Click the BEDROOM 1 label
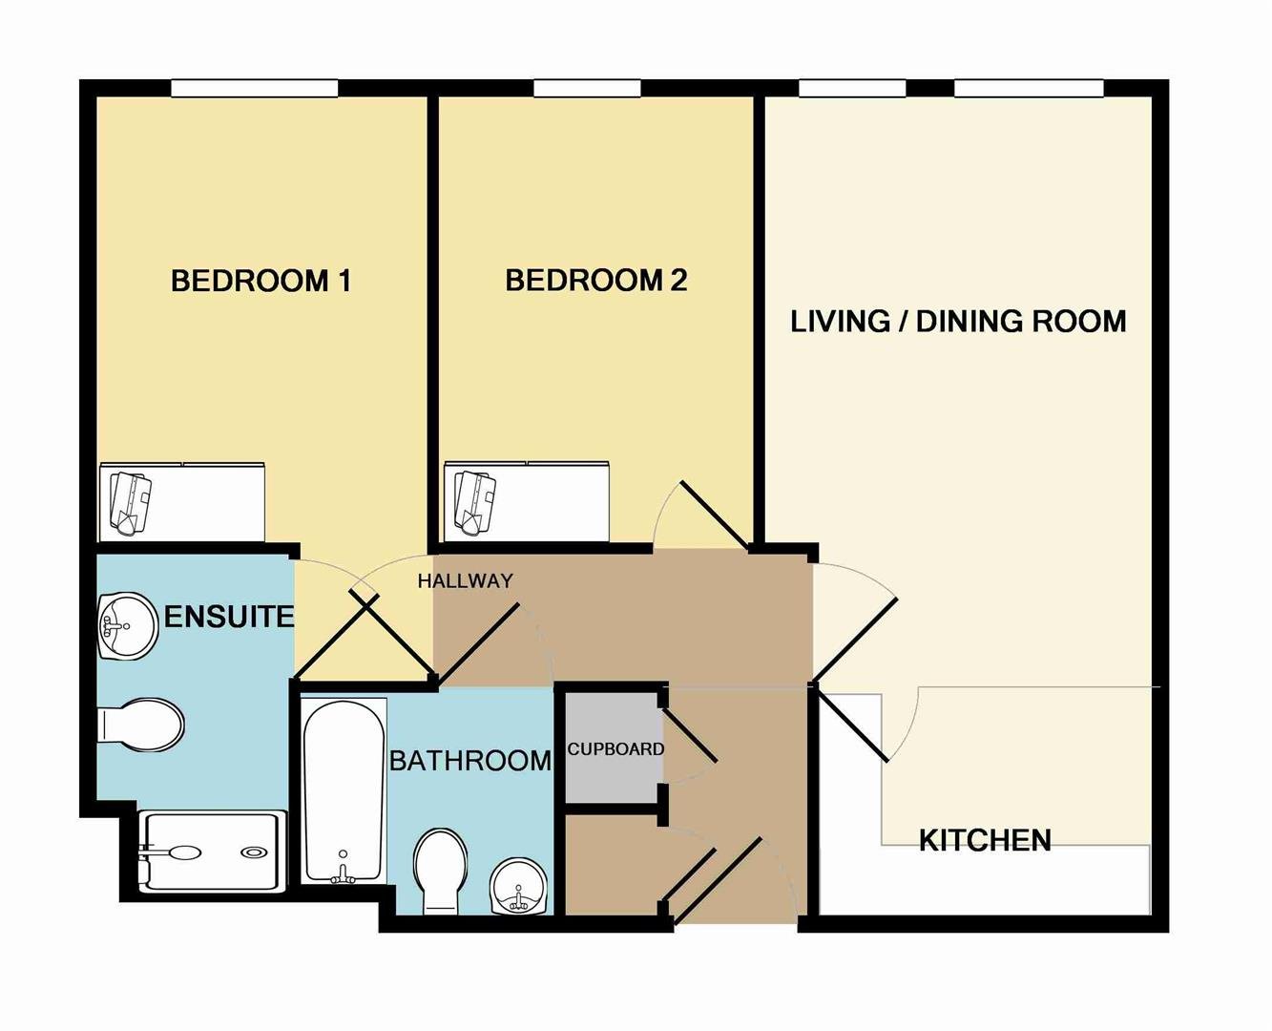tap(261, 281)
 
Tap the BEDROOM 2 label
tap(596, 280)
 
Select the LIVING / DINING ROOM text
tap(958, 322)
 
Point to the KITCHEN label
tap(985, 840)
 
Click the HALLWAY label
tap(466, 580)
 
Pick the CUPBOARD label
tap(615, 749)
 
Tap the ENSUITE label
tap(229, 617)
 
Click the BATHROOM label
tap(470, 761)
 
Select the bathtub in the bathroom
tap(343, 790)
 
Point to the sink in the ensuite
tap(128, 626)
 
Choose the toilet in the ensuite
tap(141, 725)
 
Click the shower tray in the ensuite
tap(212, 852)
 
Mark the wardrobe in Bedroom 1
tap(181, 500)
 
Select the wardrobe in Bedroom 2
tap(526, 500)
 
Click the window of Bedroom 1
tap(255, 88)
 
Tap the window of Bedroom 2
tap(587, 88)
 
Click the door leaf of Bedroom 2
tap(715, 515)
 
